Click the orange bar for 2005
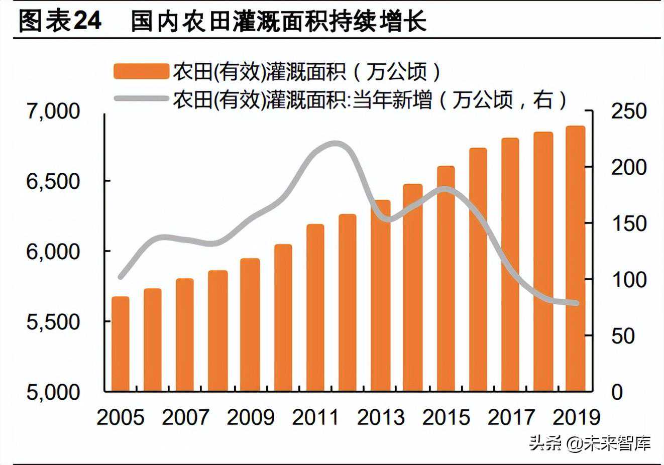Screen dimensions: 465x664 click(x=121, y=344)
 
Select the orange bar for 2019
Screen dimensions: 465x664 click(x=576, y=259)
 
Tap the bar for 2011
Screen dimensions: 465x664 click(x=315, y=307)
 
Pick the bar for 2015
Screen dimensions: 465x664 click(x=446, y=279)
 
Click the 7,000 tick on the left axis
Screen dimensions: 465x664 click(x=53, y=111)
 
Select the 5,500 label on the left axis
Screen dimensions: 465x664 click(x=53, y=322)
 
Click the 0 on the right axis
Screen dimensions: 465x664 click(x=617, y=392)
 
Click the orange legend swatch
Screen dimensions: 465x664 click(x=141, y=71)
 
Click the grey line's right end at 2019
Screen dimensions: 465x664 click(x=576, y=303)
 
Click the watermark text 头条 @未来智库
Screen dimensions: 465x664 click(x=590, y=443)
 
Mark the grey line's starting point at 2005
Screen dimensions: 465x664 click(x=121, y=277)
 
